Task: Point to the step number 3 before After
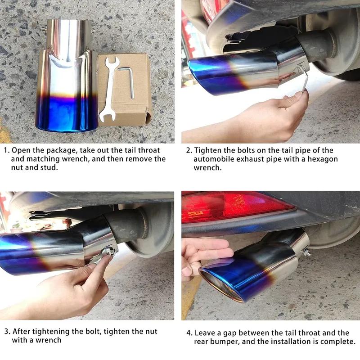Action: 6,332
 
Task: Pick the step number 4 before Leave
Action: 189,333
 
